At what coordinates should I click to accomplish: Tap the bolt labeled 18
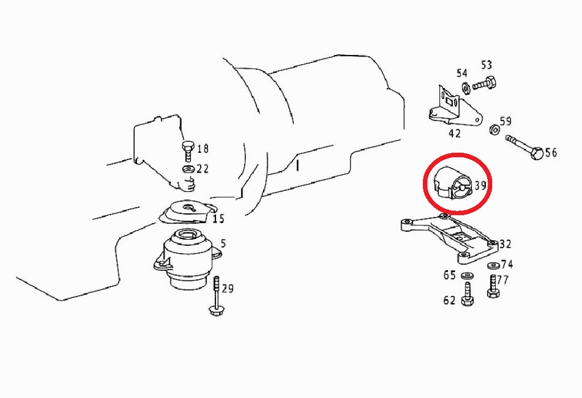tap(188, 151)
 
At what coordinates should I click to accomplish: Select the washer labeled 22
tap(188, 170)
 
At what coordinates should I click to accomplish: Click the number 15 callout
tap(218, 219)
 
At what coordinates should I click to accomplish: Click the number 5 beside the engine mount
tap(223, 244)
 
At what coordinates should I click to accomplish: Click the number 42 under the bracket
tap(455, 133)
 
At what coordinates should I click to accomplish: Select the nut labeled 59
tap(494, 129)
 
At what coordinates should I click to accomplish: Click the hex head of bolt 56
tap(537, 153)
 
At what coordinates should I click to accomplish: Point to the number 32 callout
tap(505, 244)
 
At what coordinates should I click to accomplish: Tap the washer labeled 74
tap(493, 266)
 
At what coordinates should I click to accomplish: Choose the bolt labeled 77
tap(493, 286)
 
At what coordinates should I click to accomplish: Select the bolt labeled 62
tap(467, 294)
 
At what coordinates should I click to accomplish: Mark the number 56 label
tap(551, 153)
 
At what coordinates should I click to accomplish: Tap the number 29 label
tap(227, 288)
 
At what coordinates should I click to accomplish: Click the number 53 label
tap(487, 65)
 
